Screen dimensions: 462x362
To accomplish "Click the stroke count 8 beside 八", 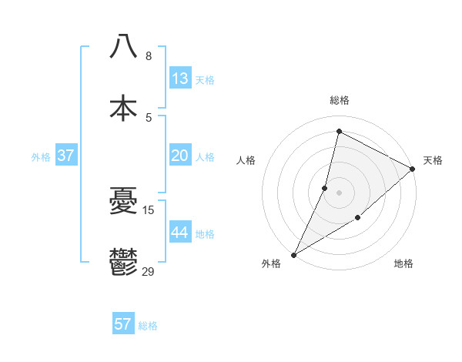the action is click(148, 56).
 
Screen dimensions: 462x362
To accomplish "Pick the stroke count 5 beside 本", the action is click(148, 118).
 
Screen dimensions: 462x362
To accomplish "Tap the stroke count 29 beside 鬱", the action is click(149, 271).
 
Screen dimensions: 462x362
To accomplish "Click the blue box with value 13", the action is click(180, 79).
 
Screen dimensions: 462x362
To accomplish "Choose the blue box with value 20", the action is click(180, 156).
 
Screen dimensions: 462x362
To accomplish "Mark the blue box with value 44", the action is click(180, 233).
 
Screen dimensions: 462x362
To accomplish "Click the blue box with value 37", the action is click(65, 156).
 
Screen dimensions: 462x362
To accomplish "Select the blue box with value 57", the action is click(123, 324).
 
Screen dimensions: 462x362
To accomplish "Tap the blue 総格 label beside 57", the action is click(148, 326).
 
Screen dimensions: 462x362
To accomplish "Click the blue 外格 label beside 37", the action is click(41, 157).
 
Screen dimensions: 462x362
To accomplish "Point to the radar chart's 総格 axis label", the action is click(339, 100).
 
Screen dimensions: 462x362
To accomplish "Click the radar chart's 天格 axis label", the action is click(433, 160).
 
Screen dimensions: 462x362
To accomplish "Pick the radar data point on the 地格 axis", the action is click(357, 218).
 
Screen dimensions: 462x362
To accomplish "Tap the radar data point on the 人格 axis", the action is click(325, 188).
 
